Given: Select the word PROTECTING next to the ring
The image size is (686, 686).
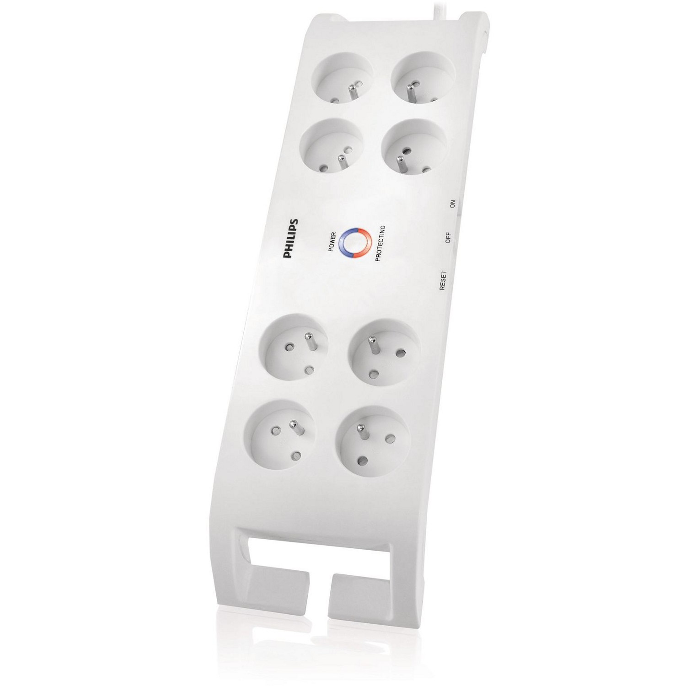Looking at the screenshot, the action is (379, 242).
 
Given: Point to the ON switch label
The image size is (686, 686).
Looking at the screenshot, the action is (453, 204).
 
